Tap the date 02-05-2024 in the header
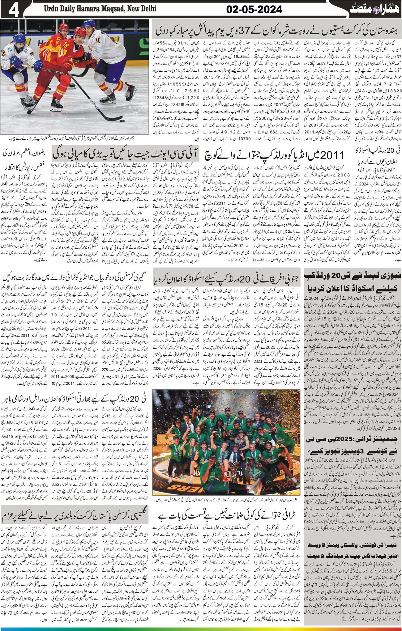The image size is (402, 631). click(x=254, y=10)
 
